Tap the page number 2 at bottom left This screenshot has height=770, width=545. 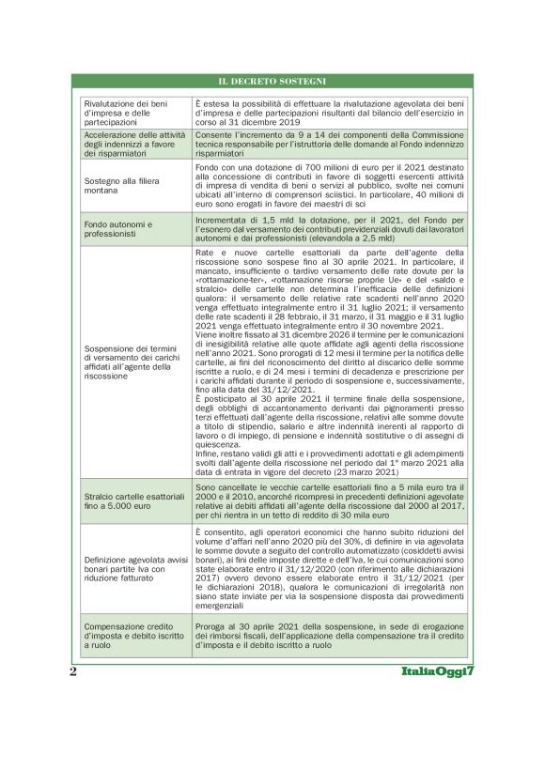[72, 673]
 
